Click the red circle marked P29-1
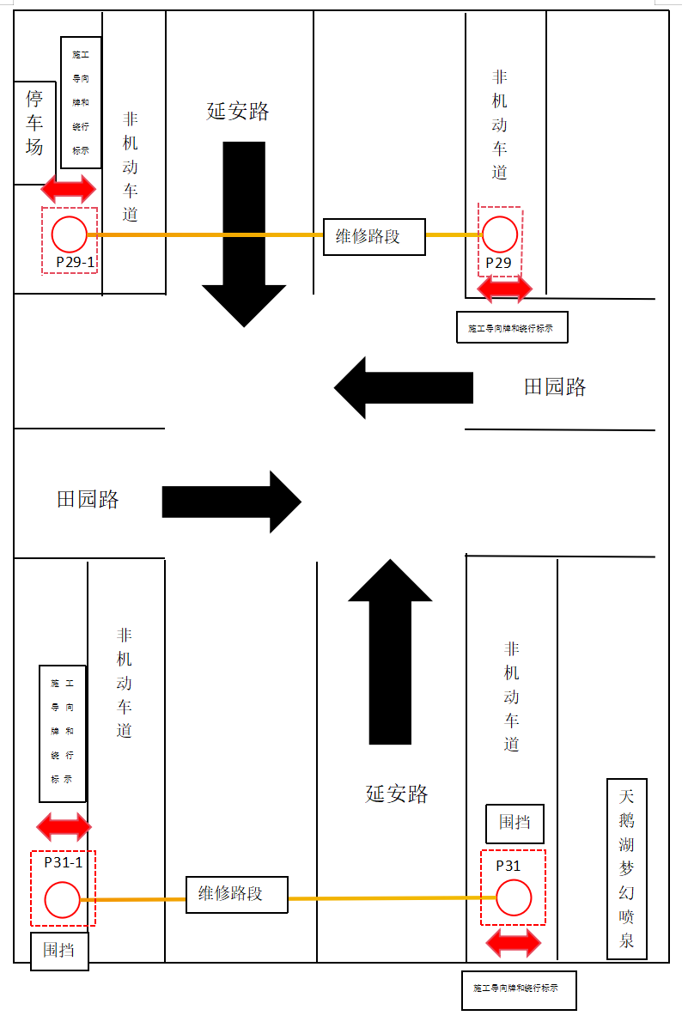click(x=70, y=234)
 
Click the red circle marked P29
click(x=499, y=234)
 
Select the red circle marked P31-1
click(x=62, y=900)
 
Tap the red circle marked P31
click(x=514, y=898)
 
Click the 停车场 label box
click(x=34, y=133)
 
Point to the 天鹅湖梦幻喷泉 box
click(x=627, y=868)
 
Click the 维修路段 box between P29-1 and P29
click(x=374, y=236)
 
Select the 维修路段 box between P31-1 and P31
click(x=236, y=894)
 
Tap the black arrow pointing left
click(x=403, y=387)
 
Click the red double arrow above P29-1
click(x=70, y=188)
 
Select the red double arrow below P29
click(x=504, y=289)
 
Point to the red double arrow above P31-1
click(x=64, y=827)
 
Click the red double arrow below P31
click(x=514, y=943)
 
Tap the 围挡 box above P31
click(x=514, y=823)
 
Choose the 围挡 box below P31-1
click(x=59, y=951)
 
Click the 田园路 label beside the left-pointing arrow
click(x=555, y=387)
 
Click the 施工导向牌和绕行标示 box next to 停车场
click(x=81, y=102)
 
